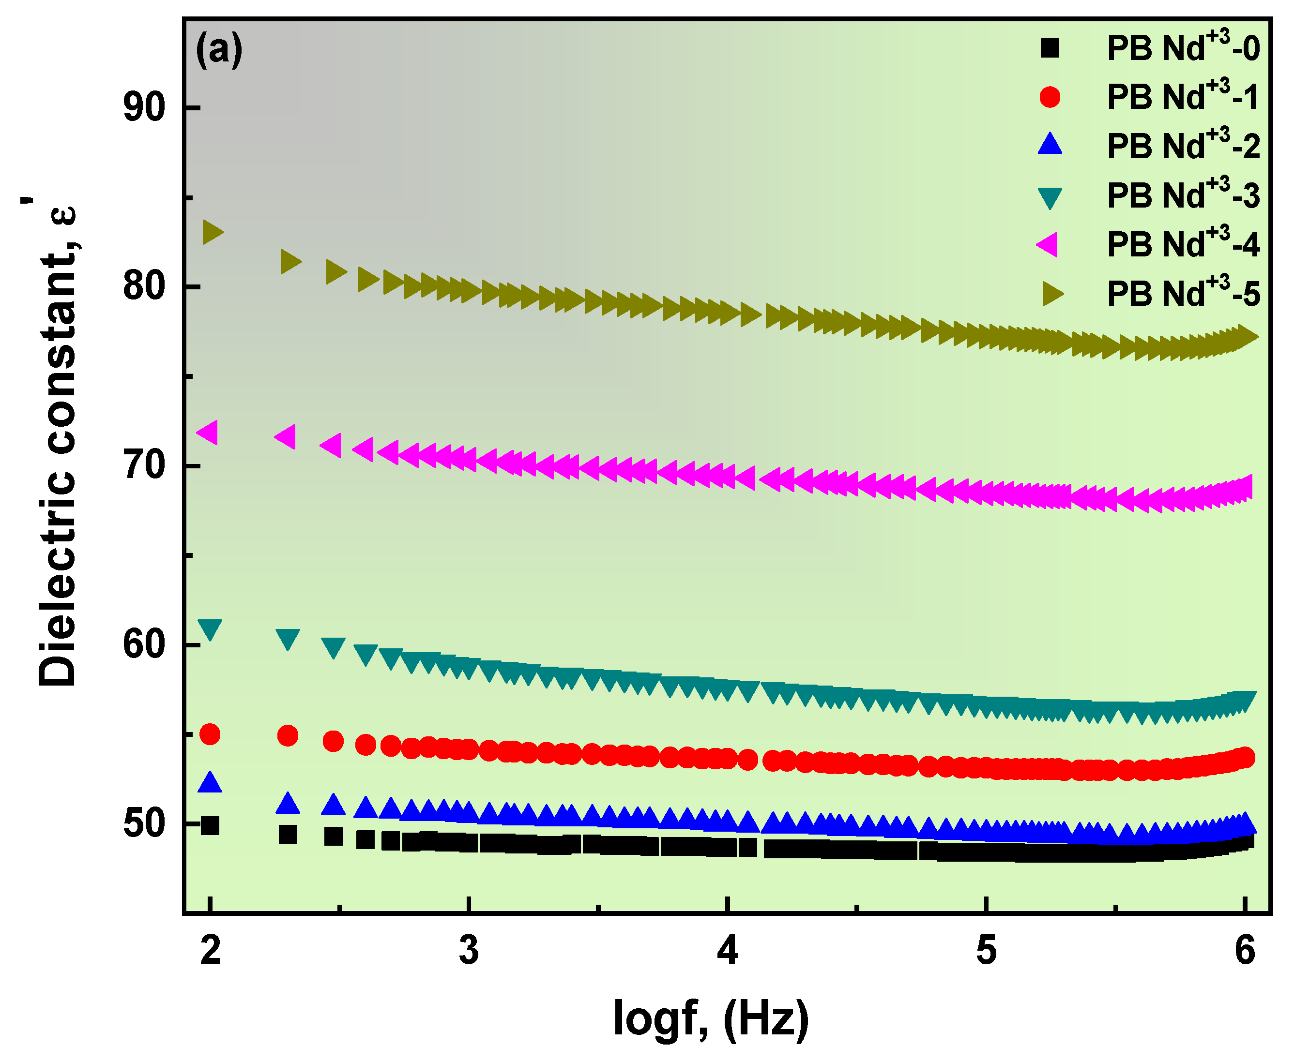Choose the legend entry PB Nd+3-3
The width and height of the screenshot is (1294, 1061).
[x=1183, y=195]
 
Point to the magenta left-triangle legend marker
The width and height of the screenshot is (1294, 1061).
[x=1048, y=244]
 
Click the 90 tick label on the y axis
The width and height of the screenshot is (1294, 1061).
[x=144, y=108]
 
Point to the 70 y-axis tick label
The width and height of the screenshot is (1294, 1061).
[x=144, y=466]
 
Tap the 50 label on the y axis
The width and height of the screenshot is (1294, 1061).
[x=144, y=824]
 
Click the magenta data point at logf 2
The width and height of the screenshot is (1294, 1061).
[x=208, y=433]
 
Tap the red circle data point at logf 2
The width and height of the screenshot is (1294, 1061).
[x=210, y=734]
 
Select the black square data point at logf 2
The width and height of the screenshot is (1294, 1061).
[x=210, y=826]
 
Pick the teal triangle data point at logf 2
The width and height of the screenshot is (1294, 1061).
[x=210, y=629]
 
